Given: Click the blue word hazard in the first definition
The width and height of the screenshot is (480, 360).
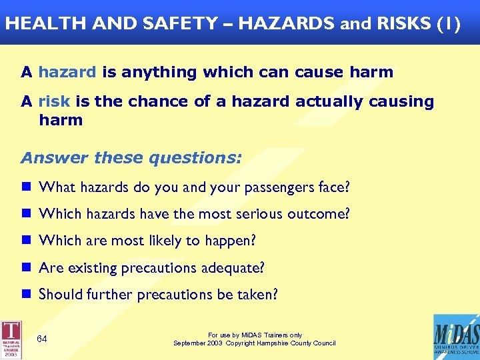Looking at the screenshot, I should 67,72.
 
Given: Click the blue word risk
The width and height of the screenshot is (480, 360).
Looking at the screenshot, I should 54,101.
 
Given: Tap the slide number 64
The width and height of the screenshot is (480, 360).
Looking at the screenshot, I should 42,339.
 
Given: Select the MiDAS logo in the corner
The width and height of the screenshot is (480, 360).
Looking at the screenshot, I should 455,337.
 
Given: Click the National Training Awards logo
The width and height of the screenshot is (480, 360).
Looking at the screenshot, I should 11,338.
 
